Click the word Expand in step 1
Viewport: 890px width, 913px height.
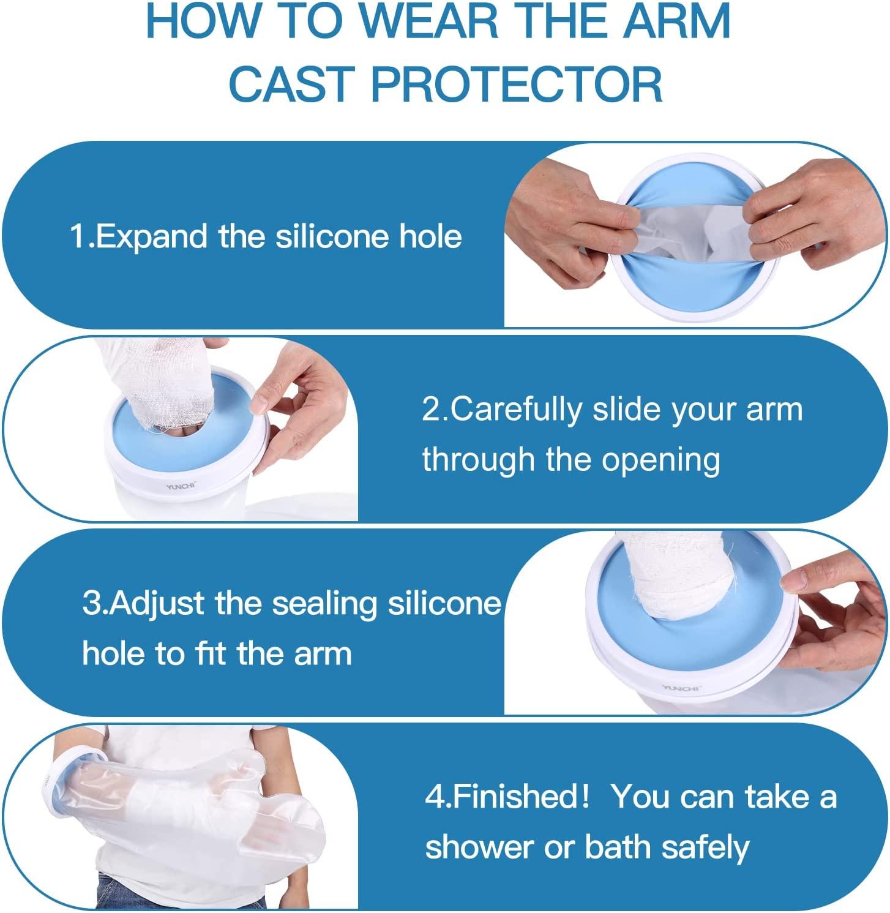[151, 236]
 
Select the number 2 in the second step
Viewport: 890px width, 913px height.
[431, 409]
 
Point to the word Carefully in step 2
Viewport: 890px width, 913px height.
[517, 410]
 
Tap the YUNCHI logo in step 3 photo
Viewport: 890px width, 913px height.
[680, 688]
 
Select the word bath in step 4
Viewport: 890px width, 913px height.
[619, 847]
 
